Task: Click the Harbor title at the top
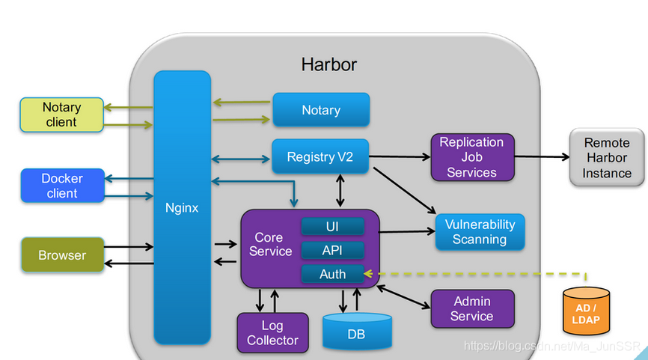329,64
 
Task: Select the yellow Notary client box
61,115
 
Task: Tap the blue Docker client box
61,186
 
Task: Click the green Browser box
62,255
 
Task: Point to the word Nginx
182,208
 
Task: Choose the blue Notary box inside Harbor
321,110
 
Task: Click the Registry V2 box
320,157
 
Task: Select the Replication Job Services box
471,157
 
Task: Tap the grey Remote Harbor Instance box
607,158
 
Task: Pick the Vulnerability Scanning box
480,232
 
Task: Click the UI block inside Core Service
333,226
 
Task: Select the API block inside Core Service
333,250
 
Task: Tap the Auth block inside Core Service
333,274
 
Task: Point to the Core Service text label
271,245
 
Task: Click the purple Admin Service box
472,308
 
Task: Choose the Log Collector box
272,333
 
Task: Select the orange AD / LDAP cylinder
586,312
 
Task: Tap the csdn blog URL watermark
552,347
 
